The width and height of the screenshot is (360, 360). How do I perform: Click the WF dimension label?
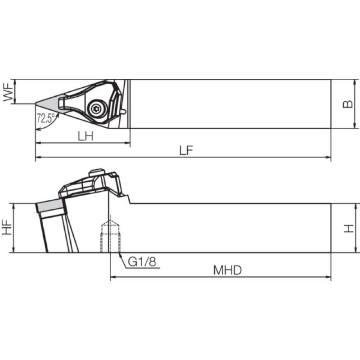tap(8, 92)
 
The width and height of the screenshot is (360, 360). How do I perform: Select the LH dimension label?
tap(85, 136)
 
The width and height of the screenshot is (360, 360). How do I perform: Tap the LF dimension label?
tap(186, 151)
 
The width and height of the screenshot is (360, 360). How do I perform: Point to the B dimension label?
tap(347, 104)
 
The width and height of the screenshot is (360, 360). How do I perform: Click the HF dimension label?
tap(7, 227)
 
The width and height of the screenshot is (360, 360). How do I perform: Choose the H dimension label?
tap(349, 229)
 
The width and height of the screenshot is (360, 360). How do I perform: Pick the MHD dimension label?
tap(228, 270)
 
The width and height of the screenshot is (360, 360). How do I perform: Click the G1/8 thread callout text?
tap(142, 262)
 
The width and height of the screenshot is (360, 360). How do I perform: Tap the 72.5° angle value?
tap(46, 118)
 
